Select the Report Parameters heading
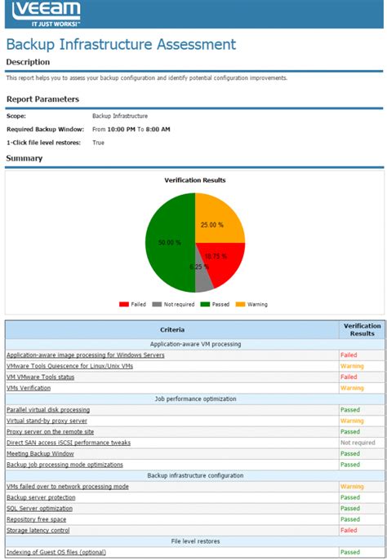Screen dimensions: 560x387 click(x=42, y=99)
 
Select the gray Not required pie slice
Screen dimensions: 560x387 click(x=202, y=278)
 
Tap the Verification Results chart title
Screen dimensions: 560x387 click(x=194, y=179)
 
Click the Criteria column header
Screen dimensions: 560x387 click(x=172, y=329)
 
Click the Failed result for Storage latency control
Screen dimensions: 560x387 click(x=349, y=530)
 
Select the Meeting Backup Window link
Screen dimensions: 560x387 click(x=40, y=453)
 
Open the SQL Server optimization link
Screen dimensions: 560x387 click(x=39, y=508)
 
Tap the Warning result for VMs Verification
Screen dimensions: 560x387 click(x=352, y=388)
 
